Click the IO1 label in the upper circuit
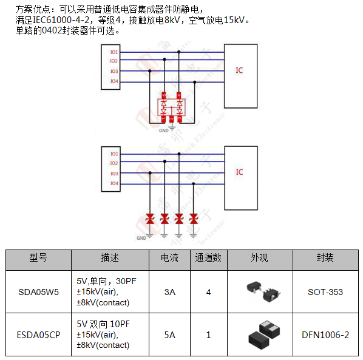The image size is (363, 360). click(x=114, y=53)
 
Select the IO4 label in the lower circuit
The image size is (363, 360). click(x=114, y=183)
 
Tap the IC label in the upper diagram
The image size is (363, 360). click(x=239, y=70)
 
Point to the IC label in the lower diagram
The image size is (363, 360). click(x=239, y=172)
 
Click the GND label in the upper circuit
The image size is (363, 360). click(x=163, y=130)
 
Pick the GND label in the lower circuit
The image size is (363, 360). click(x=141, y=237)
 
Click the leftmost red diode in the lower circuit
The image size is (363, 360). click(x=150, y=219)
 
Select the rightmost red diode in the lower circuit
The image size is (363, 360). click(x=194, y=219)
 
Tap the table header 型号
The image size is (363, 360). click(x=38, y=258)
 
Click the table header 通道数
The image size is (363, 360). click(x=208, y=258)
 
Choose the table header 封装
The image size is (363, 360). click(x=325, y=258)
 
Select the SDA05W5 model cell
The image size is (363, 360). click(x=38, y=292)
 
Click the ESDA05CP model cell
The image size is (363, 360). click(x=38, y=334)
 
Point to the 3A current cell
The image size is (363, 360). click(x=169, y=292)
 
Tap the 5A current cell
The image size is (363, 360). click(x=169, y=334)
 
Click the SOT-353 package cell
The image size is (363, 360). click(x=325, y=292)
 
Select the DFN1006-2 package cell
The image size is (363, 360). click(x=325, y=334)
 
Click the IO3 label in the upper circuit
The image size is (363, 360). click(x=114, y=72)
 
